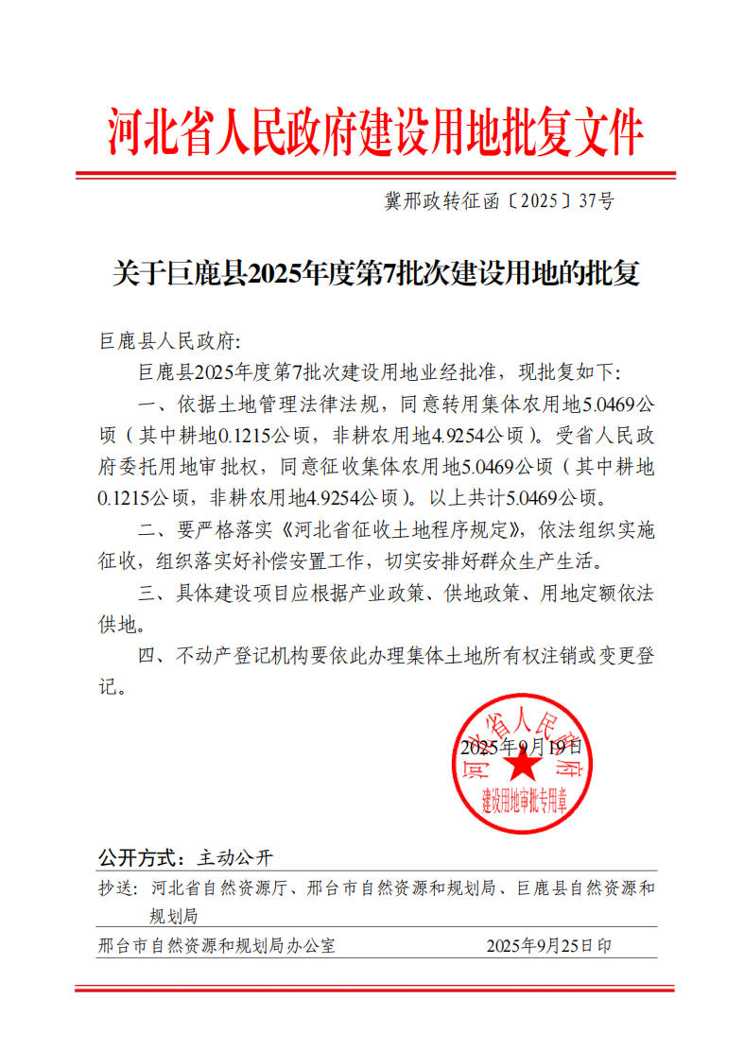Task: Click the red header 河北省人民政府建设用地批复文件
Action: tap(375, 132)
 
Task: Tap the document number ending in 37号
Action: tap(498, 201)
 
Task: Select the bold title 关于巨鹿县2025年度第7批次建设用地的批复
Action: tap(375, 275)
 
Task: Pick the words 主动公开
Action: tap(234, 858)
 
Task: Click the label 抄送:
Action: tap(117, 888)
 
